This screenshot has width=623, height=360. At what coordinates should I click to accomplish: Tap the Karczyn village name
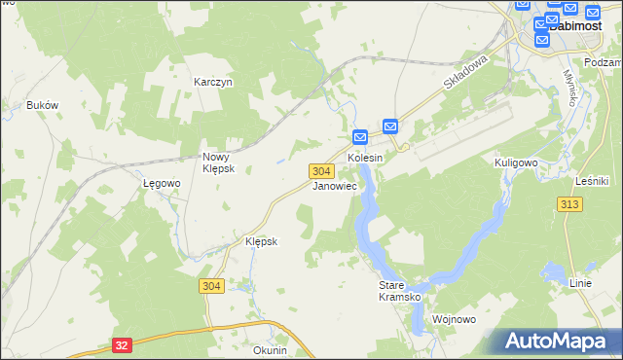tap(212, 83)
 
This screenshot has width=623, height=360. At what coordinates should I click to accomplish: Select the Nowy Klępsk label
tap(215, 162)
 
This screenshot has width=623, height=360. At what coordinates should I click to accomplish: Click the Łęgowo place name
tap(162, 183)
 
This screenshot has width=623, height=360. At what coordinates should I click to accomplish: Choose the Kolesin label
tap(365, 157)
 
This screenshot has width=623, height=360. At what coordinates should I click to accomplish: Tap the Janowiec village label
tap(334, 186)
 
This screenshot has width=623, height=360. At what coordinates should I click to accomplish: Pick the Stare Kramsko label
tap(398, 291)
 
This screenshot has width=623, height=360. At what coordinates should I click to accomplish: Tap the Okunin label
tap(270, 350)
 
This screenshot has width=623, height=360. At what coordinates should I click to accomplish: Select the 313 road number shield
tap(570, 203)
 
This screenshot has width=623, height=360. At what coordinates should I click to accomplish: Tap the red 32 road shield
tap(121, 344)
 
